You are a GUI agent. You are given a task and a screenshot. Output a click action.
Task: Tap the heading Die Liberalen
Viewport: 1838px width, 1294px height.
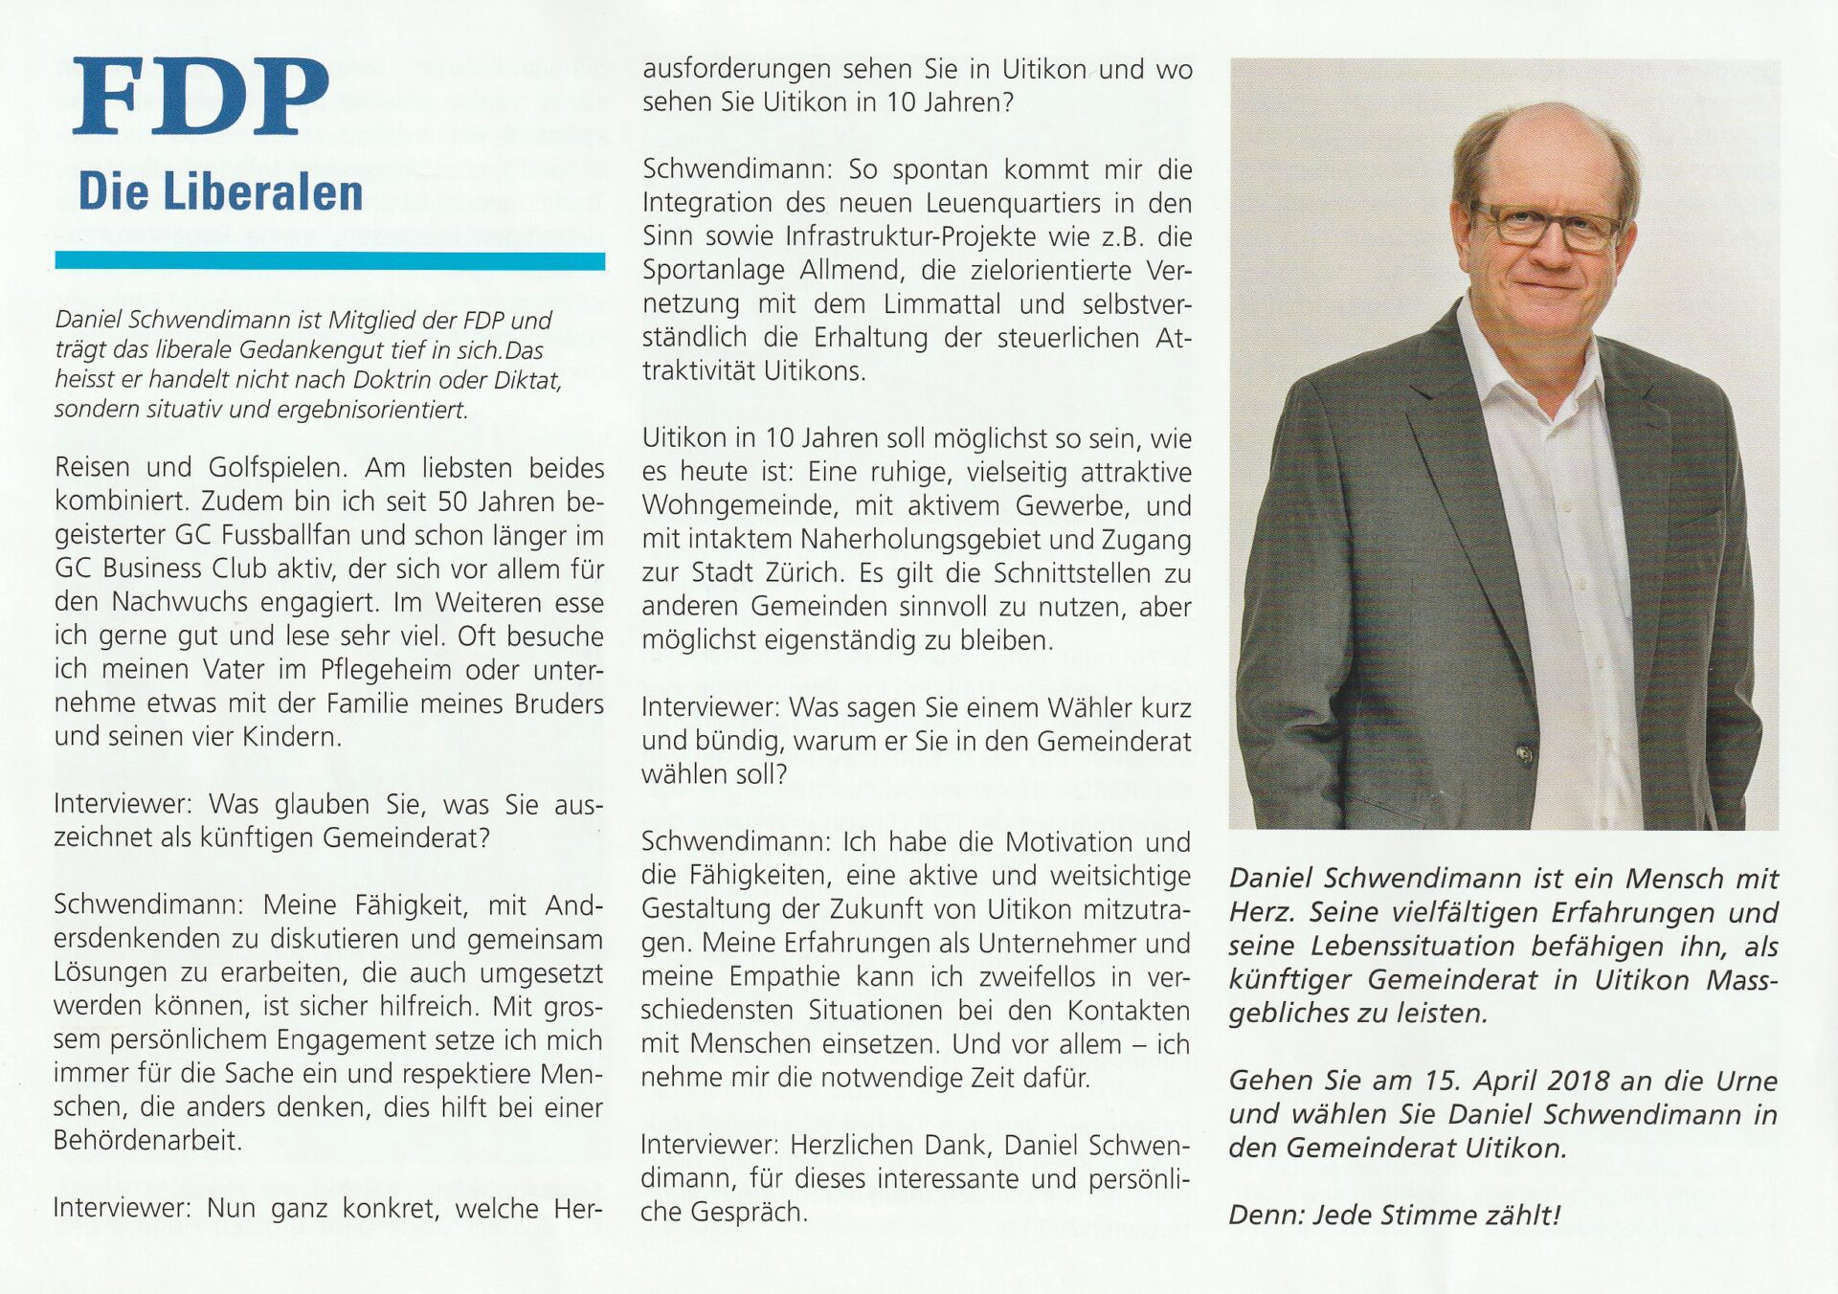point(220,191)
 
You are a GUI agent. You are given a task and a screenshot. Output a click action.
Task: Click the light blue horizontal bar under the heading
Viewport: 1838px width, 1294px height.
point(329,260)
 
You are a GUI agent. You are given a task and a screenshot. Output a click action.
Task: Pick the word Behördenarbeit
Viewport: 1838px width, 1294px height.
point(146,1141)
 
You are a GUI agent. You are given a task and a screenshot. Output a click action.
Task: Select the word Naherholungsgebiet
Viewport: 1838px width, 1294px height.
point(940,540)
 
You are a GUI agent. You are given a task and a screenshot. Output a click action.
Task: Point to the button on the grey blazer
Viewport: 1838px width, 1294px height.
point(1523,755)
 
